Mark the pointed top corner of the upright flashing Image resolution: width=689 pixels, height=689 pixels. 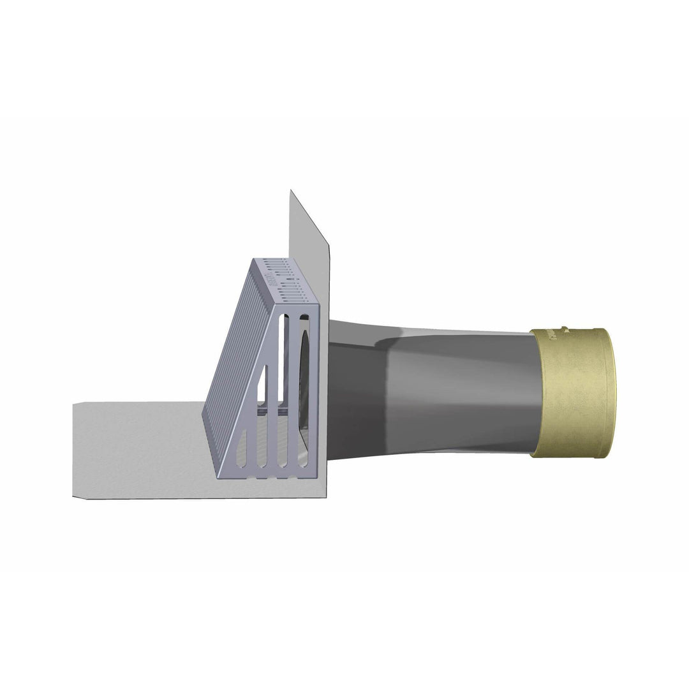pyautogui.click(x=290, y=191)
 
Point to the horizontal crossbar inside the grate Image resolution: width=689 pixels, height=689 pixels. pyautogui.click(x=281, y=415)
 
